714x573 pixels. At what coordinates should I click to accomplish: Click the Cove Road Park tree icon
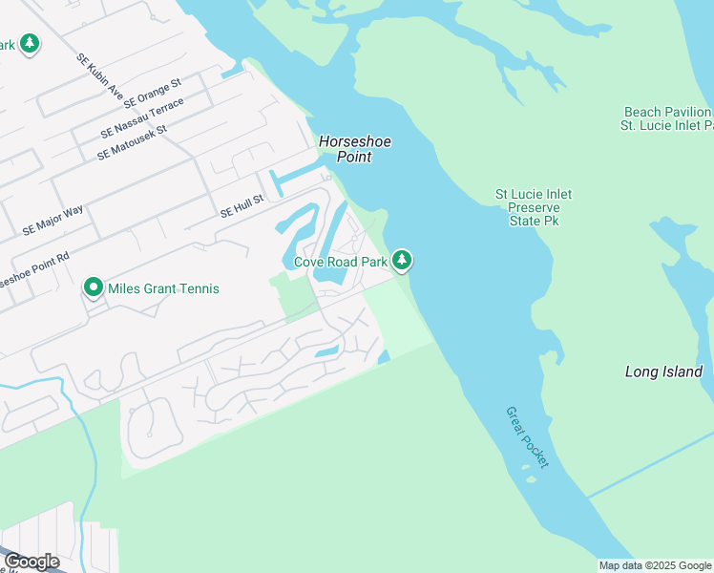[403, 260]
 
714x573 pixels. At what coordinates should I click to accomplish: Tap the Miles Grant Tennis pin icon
[93, 287]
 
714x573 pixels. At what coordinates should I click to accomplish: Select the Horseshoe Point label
[355, 149]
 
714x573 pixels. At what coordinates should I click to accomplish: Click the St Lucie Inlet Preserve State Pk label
[534, 207]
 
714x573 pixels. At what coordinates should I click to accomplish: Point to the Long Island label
[663, 371]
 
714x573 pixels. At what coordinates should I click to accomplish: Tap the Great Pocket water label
[527, 436]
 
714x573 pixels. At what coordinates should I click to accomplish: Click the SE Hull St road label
[241, 207]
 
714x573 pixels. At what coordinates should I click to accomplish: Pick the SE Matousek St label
[132, 142]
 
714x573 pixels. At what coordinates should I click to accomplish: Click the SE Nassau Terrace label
[146, 117]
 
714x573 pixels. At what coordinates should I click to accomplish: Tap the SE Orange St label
[152, 97]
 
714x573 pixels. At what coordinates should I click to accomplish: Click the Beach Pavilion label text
[667, 112]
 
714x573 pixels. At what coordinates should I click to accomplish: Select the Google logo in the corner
[31, 562]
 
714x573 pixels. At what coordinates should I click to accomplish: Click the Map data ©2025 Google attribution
[655, 565]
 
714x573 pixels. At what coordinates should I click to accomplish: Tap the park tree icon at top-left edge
[30, 44]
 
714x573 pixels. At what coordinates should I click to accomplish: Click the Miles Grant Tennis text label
[163, 288]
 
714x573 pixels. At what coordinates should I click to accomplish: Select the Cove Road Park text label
[341, 261]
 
